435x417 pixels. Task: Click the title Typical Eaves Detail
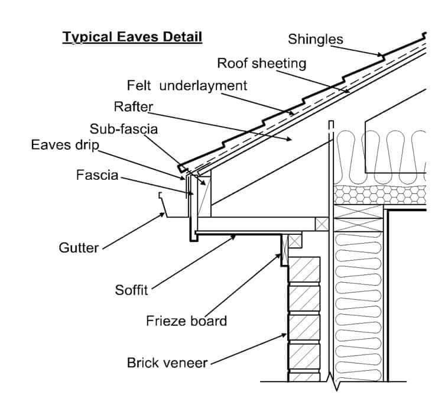click(x=132, y=37)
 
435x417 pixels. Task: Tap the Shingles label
click(x=315, y=39)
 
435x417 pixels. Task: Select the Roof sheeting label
click(x=261, y=63)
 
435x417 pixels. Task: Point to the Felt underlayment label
click(x=187, y=85)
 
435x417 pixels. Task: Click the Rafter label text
click(x=133, y=107)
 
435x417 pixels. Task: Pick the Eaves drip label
click(x=65, y=144)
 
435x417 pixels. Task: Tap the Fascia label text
click(x=98, y=175)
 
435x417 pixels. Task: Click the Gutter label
click(x=79, y=247)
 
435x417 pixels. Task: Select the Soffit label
click(x=131, y=290)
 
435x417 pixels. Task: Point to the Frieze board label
click(x=186, y=321)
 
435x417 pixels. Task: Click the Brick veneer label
click(x=167, y=361)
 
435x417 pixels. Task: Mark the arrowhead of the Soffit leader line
click(x=236, y=235)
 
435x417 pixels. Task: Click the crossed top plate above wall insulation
click(x=358, y=211)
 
